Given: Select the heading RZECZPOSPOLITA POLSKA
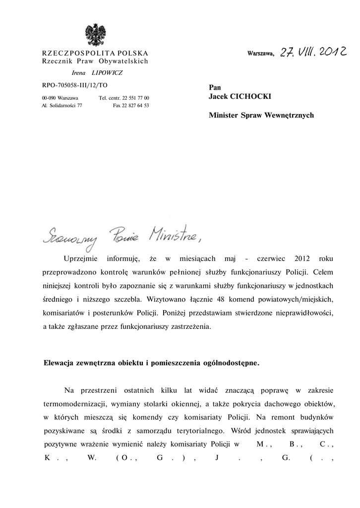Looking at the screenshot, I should [x=95, y=53].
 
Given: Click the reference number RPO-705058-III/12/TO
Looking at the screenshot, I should [x=75, y=85].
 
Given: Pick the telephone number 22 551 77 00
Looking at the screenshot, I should [x=132, y=98].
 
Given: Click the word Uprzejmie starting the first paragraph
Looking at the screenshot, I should [x=82, y=259].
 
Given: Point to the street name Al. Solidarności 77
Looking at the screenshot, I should [x=62, y=106].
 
